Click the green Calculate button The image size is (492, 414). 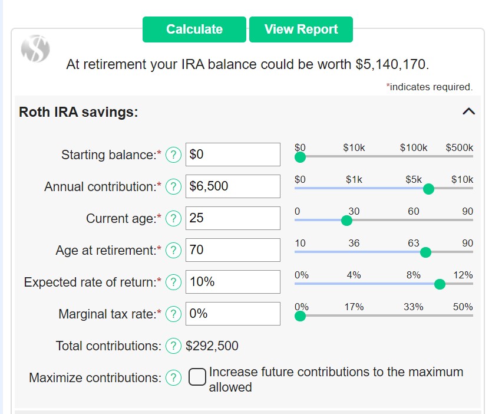pyautogui.click(x=194, y=29)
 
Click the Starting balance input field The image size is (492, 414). pyautogui.click(x=233, y=155)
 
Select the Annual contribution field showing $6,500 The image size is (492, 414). pyautogui.click(x=233, y=186)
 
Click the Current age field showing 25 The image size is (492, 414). pyautogui.click(x=233, y=218)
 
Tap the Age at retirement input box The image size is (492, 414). pyautogui.click(x=233, y=250)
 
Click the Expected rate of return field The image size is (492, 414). pyautogui.click(x=233, y=282)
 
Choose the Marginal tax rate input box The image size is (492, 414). pyautogui.click(x=233, y=314)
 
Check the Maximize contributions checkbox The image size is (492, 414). pyautogui.click(x=197, y=377)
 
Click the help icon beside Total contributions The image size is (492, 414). pyautogui.click(x=173, y=346)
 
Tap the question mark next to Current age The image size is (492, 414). pyautogui.click(x=173, y=218)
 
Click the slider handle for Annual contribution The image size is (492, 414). pyautogui.click(x=428, y=189)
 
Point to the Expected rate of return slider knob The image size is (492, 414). pyautogui.click(x=439, y=284)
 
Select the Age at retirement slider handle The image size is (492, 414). pyautogui.click(x=426, y=252)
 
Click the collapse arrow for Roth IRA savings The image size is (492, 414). pyautogui.click(x=468, y=111)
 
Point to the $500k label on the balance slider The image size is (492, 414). pyautogui.click(x=460, y=147)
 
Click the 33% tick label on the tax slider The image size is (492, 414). pyautogui.click(x=413, y=307)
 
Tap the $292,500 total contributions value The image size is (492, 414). pyautogui.click(x=212, y=346)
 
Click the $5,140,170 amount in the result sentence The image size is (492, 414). pyautogui.click(x=392, y=64)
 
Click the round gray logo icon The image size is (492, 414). pyautogui.click(x=35, y=48)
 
